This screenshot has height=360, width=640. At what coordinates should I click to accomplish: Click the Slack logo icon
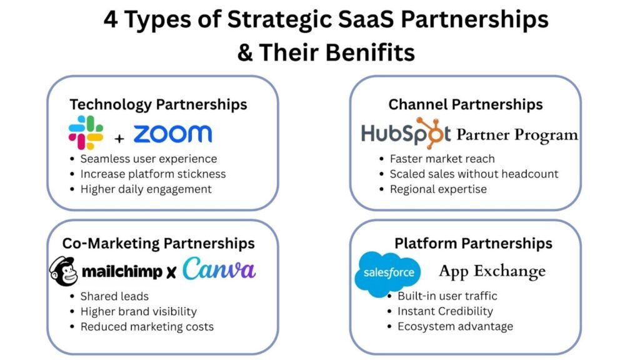coord(86,132)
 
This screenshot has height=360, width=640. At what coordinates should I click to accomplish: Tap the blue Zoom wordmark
coord(172,133)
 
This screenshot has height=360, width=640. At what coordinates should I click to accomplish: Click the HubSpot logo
coord(406,133)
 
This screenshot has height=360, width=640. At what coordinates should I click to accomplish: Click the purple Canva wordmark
coord(219,269)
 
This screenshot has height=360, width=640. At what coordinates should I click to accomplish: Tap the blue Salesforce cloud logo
coord(387,273)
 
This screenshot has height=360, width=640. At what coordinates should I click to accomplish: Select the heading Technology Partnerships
coord(158,104)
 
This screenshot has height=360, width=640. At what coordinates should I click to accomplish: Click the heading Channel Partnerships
coord(466,104)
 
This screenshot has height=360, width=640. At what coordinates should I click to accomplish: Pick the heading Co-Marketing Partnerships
coord(158,242)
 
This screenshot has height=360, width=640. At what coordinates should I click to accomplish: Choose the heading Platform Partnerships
coord(473,242)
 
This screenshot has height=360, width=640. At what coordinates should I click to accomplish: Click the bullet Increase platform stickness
coord(152,174)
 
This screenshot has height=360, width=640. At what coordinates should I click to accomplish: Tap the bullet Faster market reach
coord(442,159)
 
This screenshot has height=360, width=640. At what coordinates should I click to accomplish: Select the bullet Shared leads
coord(114,296)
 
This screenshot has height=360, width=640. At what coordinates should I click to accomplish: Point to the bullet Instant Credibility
coord(445,311)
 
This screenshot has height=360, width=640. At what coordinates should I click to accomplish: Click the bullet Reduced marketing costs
coord(147,326)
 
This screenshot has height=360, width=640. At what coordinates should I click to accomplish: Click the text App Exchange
coord(492,271)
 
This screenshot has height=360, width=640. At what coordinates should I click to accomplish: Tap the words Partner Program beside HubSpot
coord(517,134)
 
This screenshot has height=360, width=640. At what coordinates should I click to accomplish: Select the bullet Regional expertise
coord(437,189)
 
